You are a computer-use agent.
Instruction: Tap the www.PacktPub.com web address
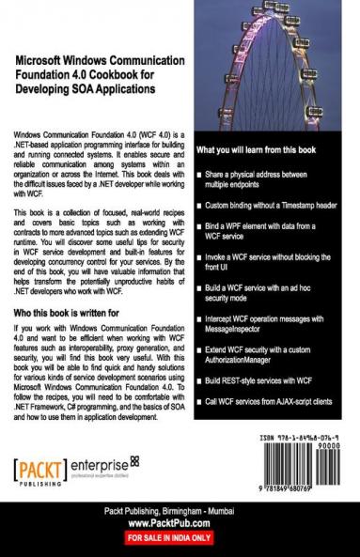pyautogui.click(x=180, y=524)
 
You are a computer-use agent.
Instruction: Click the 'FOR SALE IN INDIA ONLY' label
pyautogui.click(x=180, y=539)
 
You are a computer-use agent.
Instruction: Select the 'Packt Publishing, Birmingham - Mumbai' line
pyautogui.click(x=180, y=509)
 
